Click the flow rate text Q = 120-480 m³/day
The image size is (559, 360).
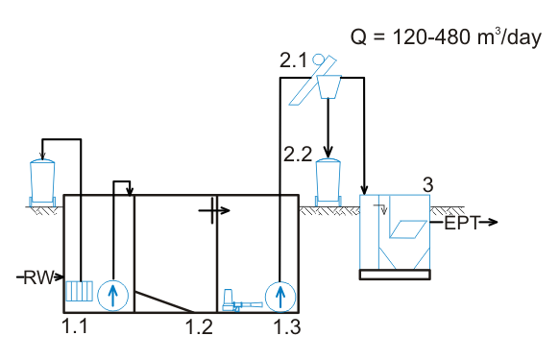[446, 37]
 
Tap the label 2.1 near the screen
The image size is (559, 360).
[293, 60]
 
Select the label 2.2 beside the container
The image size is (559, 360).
[298, 155]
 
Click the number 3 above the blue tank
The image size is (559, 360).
[427, 184]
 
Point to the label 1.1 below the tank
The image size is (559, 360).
[75, 326]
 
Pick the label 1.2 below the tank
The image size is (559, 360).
[199, 326]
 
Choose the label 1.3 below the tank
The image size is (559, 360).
[287, 326]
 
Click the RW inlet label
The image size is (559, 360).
[38, 277]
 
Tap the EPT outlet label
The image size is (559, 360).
[462, 223]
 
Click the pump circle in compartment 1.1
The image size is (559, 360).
[112, 296]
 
